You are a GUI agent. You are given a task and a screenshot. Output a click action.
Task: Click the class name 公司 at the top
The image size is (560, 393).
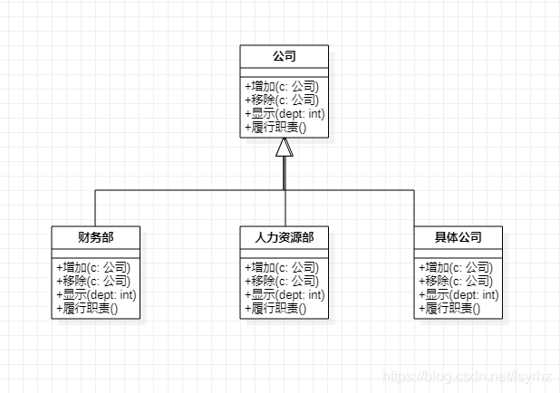click(285, 56)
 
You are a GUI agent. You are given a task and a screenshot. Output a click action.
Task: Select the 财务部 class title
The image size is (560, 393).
click(95, 237)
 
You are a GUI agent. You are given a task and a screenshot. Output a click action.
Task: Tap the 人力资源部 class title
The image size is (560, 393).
click(285, 237)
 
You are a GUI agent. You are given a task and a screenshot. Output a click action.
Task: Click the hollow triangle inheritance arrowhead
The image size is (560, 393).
click(285, 148)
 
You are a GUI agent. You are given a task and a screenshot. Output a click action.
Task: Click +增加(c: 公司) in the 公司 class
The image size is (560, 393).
click(282, 87)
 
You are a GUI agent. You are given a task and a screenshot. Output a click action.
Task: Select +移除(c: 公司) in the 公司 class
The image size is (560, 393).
click(282, 101)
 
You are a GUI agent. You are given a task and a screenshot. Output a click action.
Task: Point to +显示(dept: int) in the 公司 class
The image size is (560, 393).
click(285, 114)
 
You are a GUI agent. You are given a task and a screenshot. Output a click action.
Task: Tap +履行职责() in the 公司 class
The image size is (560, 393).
click(275, 128)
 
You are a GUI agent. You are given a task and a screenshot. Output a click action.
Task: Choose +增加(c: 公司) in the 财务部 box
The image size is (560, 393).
click(92, 268)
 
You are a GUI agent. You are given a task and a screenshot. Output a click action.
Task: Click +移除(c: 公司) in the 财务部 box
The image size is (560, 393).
click(92, 282)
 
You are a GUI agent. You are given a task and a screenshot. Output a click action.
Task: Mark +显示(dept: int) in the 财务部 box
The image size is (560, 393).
click(95, 295)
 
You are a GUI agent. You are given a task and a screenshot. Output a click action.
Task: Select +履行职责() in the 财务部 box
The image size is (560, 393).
click(86, 309)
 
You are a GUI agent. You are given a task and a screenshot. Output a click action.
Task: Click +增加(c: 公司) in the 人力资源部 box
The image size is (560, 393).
click(282, 268)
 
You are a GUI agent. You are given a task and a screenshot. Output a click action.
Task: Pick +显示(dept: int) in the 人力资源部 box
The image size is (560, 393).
click(285, 295)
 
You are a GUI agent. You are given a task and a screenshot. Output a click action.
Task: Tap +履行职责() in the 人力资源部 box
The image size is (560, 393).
click(275, 309)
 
